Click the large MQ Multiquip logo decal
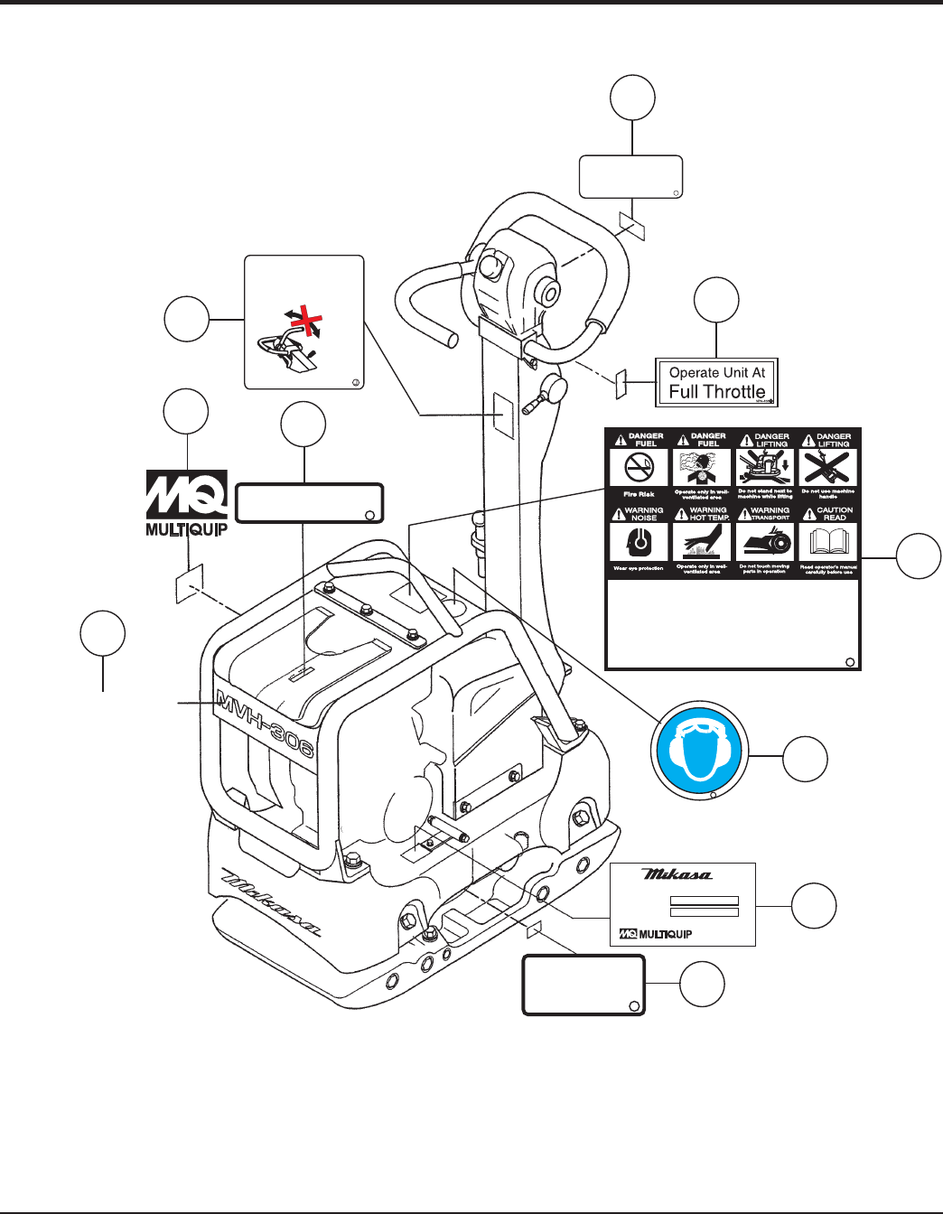tap(186, 502)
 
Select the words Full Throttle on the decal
tap(717, 392)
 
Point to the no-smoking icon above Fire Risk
tap(640, 468)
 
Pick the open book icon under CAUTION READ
tap(827, 542)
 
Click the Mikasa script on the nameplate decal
tap(677, 874)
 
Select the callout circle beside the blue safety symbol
tap(805, 759)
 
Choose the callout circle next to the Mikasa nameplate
tap(814, 906)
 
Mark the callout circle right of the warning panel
tap(919, 556)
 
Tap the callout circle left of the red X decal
tap(187, 319)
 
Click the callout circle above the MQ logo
tap(186, 412)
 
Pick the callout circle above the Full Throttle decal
tap(716, 300)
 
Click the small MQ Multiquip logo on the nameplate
tap(655, 934)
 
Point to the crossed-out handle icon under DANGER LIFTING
tap(827, 468)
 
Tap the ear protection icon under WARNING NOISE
tap(640, 542)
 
